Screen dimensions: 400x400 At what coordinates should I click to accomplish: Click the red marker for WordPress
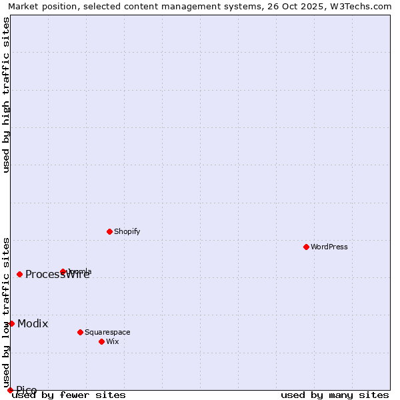click(306, 247)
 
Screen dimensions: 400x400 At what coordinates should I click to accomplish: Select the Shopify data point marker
click(109, 231)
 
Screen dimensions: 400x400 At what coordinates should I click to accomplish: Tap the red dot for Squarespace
click(80, 332)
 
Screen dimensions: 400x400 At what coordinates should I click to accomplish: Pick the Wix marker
click(101, 341)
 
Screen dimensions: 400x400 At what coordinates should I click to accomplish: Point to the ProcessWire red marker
click(20, 274)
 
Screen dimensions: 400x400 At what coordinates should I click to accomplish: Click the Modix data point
click(11, 323)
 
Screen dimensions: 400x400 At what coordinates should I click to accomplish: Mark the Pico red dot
click(10, 390)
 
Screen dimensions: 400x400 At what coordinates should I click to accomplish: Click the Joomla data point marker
click(63, 271)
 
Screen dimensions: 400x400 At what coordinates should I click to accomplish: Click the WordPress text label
click(329, 247)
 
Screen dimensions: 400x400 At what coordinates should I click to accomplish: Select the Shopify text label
click(127, 231)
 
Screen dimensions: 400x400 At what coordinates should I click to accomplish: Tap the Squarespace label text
click(107, 332)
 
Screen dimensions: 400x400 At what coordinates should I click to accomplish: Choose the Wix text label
click(112, 341)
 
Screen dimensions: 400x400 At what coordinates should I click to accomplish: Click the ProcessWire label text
click(57, 275)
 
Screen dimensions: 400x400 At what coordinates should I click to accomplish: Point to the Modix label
click(33, 323)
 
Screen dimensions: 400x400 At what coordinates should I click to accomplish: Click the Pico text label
click(27, 390)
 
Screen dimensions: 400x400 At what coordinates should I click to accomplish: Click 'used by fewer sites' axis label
click(69, 395)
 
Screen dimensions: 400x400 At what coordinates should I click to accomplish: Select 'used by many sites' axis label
click(335, 395)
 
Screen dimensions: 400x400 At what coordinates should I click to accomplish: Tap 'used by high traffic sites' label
click(6, 95)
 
